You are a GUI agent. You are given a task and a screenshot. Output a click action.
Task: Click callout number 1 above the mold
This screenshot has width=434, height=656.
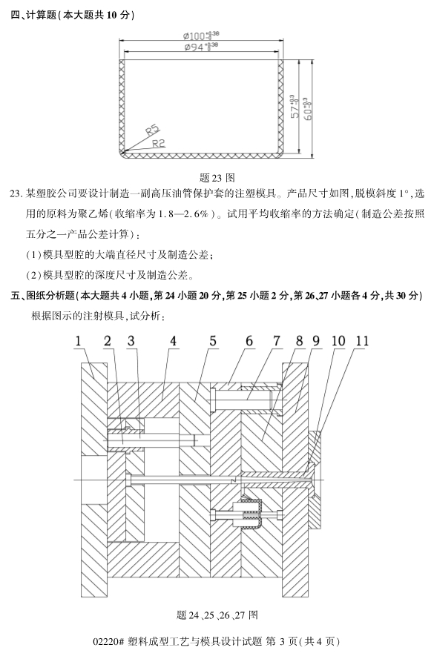tap(78, 341)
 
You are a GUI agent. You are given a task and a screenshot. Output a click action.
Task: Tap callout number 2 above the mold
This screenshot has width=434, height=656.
tap(108, 341)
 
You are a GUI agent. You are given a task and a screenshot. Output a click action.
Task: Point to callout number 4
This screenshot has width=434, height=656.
tap(172, 341)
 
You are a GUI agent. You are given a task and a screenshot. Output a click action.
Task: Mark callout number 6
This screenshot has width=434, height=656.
tap(249, 341)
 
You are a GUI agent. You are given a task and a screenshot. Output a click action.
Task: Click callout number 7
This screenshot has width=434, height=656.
tap(276, 341)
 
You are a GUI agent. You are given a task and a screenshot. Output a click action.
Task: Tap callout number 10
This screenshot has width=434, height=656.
tap(338, 341)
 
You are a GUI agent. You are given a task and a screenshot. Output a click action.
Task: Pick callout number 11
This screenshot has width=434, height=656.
tap(361, 341)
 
